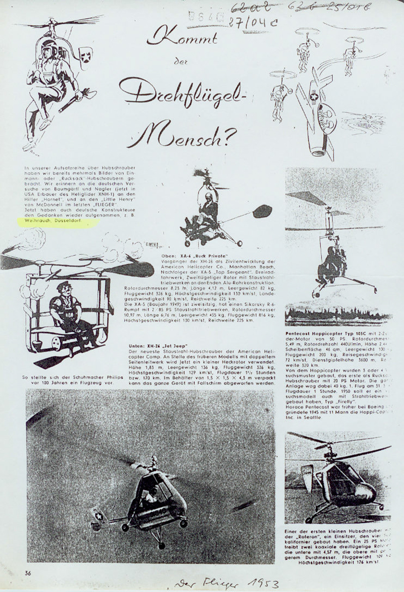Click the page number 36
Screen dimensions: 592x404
click(x=28, y=572)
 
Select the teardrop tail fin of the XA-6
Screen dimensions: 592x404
click(x=262, y=211)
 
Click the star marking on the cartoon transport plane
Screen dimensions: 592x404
click(x=313, y=98)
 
